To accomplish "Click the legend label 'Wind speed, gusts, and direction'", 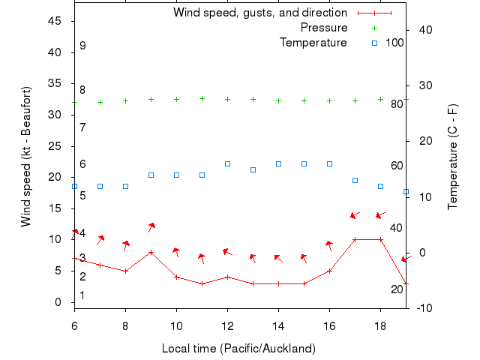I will coord(259,13).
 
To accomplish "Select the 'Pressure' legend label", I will coord(324,28).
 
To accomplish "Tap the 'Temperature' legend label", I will coord(313,43).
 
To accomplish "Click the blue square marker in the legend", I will coord(375,43).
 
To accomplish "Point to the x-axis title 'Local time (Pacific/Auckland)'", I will coord(238,349).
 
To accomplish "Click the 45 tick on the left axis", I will coord(55,21).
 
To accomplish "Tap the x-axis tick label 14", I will coord(278,325).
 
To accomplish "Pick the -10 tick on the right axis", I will coord(422,308).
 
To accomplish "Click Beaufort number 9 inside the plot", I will coord(82,46).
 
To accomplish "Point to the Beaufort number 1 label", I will coord(82,295).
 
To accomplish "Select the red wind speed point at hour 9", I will coord(151,252).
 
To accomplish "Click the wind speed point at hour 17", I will coord(355,239).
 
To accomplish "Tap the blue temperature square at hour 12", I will coord(227,163).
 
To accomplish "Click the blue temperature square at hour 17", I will coord(355,180).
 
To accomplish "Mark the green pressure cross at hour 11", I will coord(202,98).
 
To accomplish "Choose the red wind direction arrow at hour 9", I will coord(151,226).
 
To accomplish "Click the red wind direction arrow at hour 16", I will coord(328,245).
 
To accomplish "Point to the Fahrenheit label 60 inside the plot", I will coord(397,166).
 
